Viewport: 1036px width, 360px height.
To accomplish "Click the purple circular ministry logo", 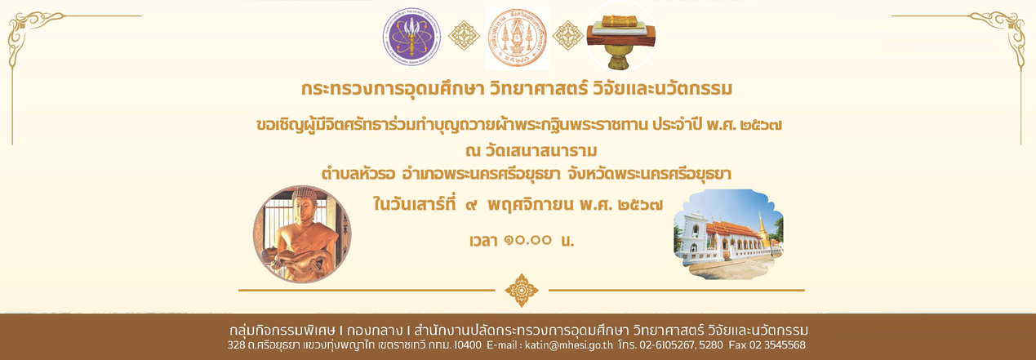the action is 411,37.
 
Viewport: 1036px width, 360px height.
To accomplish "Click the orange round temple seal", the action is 518,38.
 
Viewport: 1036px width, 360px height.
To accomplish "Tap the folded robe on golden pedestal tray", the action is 620,41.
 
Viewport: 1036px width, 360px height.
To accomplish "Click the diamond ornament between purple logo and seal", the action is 464,35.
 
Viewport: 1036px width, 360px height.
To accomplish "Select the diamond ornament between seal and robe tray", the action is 568,35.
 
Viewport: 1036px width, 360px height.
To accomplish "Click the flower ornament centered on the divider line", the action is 521,290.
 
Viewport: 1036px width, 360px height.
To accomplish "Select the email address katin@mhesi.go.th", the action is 569,345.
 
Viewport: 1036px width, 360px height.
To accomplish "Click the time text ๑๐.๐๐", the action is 527,241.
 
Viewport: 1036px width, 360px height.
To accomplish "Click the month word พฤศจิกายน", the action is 531,204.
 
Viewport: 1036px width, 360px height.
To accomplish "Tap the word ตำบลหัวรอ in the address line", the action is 358,174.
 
